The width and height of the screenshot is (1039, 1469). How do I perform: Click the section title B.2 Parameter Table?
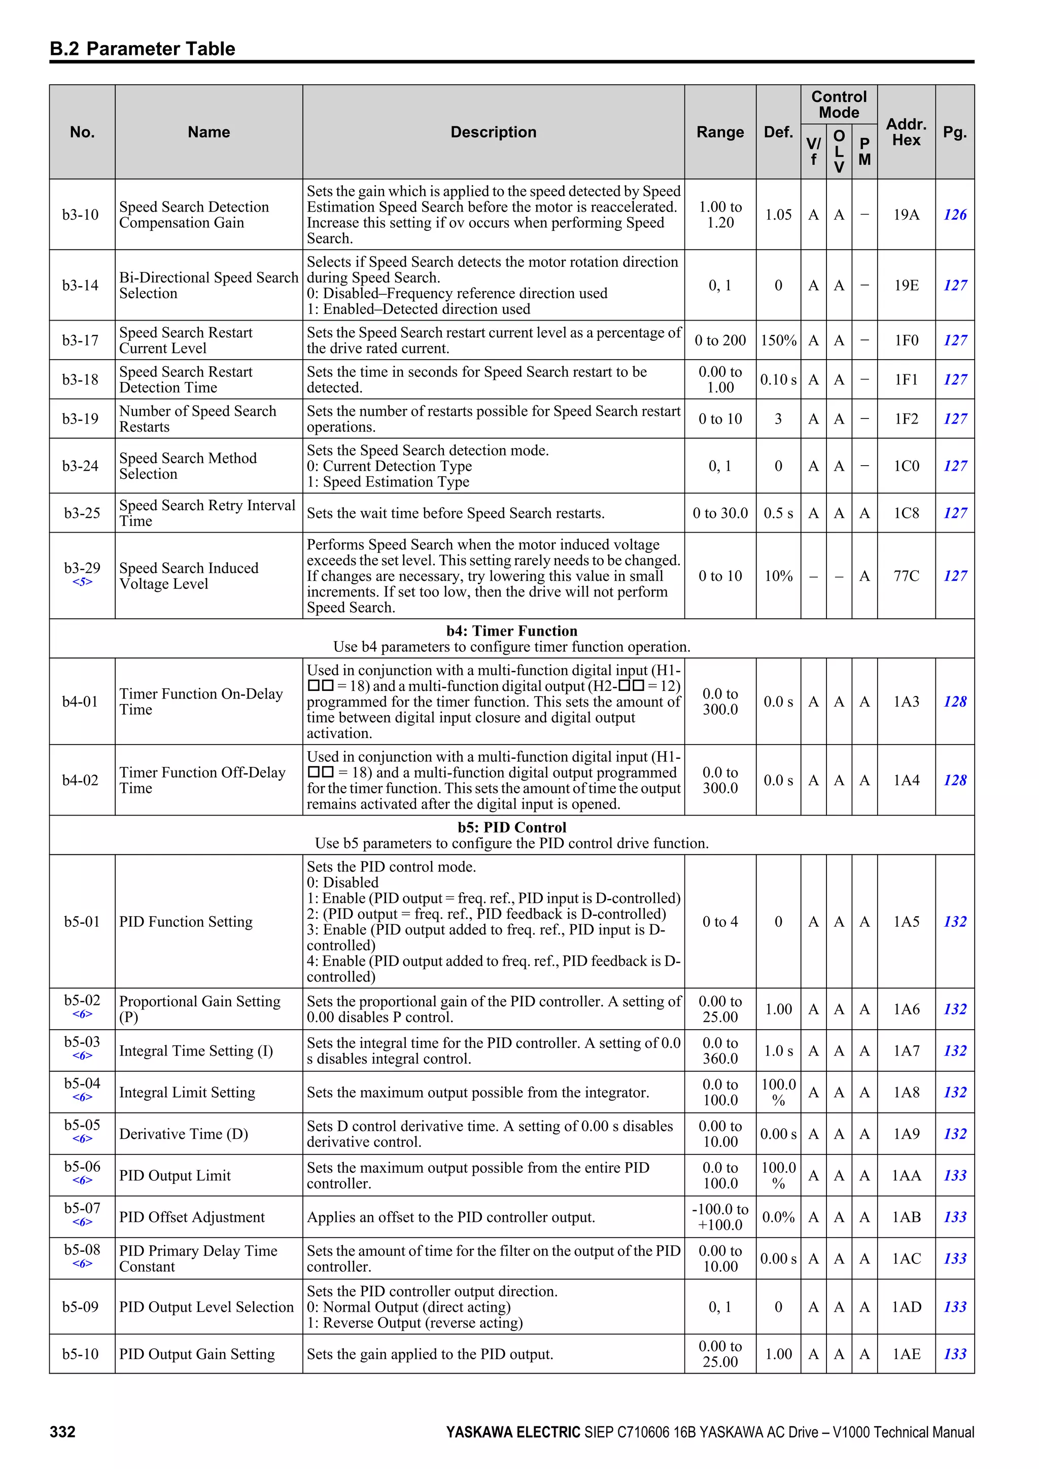142,49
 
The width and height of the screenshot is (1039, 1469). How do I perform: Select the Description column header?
493,132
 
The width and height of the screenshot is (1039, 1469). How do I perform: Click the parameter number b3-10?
81,215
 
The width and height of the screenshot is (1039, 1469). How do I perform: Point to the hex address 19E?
906,286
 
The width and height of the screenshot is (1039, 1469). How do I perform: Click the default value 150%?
778,340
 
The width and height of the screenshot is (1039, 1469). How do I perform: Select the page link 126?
955,215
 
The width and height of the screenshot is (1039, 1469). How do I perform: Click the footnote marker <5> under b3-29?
82,582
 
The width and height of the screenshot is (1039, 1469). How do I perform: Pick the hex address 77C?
906,576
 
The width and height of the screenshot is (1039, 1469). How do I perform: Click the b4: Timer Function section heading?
511,631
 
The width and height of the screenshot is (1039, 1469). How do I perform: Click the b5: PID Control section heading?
511,827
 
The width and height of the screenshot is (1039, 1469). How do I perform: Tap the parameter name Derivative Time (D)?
184,1134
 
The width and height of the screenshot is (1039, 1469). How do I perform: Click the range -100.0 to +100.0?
720,1217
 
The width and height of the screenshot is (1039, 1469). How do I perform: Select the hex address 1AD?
906,1307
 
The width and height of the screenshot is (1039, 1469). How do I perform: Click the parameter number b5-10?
81,1354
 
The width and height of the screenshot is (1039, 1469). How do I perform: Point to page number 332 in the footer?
63,1432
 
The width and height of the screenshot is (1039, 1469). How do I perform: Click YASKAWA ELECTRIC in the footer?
512,1432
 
